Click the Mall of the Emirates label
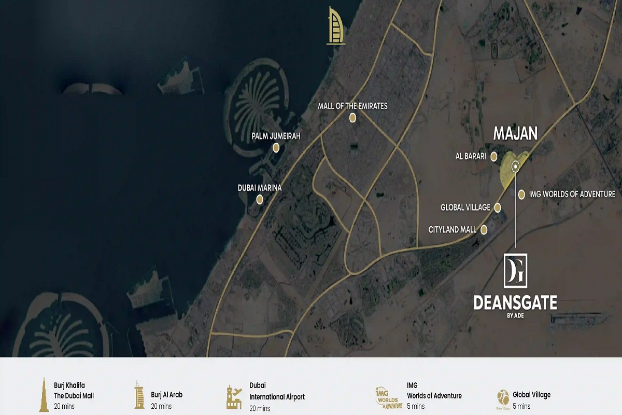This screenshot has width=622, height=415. point(352,106)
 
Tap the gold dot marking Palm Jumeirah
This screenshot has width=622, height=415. point(276,148)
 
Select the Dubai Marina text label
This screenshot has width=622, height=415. point(260,188)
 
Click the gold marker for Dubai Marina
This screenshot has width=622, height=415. point(260,199)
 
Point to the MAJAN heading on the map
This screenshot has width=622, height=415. point(515,134)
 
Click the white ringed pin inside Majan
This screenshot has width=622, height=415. point(515,167)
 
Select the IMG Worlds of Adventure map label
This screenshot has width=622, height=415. point(572,194)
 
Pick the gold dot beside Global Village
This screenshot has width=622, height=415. point(498,208)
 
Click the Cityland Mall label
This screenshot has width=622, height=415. point(453,229)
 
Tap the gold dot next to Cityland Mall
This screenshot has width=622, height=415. point(484,229)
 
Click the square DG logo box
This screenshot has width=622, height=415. point(515,270)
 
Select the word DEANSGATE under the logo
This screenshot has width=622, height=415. point(515,303)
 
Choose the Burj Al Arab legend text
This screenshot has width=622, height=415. point(166,395)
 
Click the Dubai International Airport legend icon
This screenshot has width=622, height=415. point(234,396)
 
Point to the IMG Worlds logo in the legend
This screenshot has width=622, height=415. point(389,396)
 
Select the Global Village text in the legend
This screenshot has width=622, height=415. point(531,395)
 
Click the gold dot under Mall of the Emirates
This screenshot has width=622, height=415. point(352,118)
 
